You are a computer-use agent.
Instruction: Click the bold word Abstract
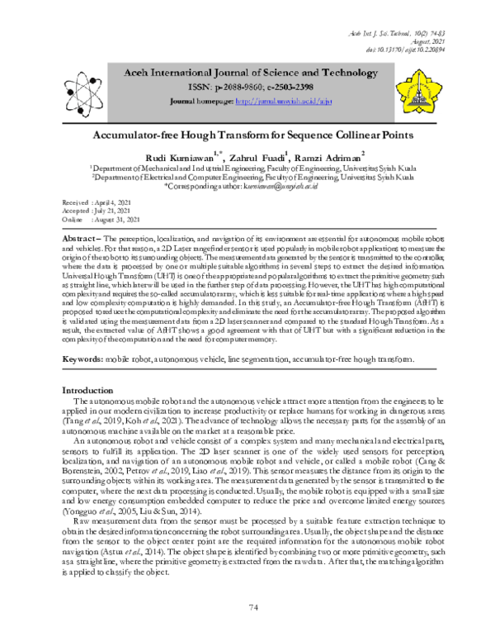(x=82, y=236)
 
